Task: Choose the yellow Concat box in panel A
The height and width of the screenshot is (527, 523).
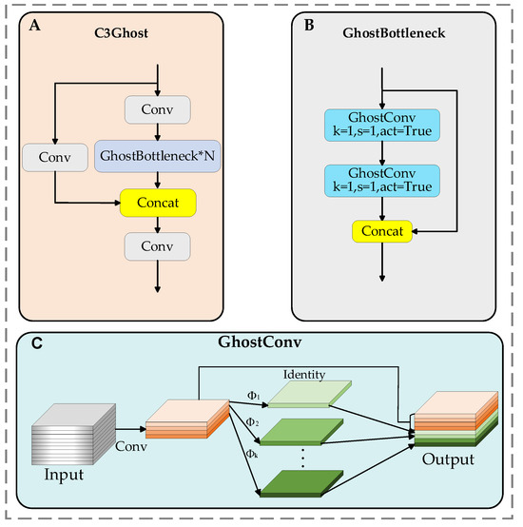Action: point(157,203)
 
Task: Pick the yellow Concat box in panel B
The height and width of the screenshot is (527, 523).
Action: point(381,229)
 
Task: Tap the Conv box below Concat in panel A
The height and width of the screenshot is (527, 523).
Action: point(157,246)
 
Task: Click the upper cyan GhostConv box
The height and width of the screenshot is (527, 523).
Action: point(381,127)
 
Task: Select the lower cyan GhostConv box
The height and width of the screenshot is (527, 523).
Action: point(381,181)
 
